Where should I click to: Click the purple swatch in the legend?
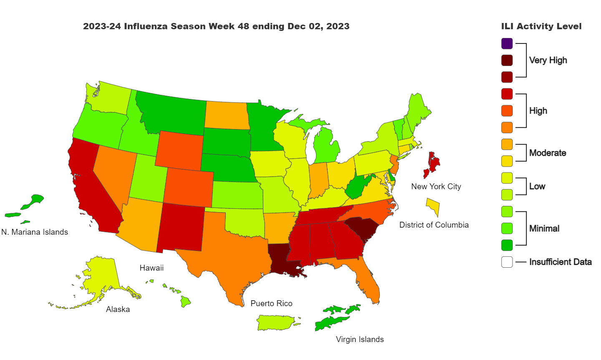click(x=507, y=43)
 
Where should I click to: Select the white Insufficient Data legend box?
click(x=507, y=262)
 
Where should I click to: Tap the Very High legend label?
click(x=548, y=60)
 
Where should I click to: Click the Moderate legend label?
click(x=547, y=153)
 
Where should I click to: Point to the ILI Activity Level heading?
click(x=541, y=26)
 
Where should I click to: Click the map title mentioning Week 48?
click(x=216, y=26)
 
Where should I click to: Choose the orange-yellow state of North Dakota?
click(x=227, y=115)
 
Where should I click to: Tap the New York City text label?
click(x=436, y=187)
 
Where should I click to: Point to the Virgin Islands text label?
click(x=359, y=340)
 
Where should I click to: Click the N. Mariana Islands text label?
click(x=35, y=232)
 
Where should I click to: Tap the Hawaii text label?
click(x=152, y=268)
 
